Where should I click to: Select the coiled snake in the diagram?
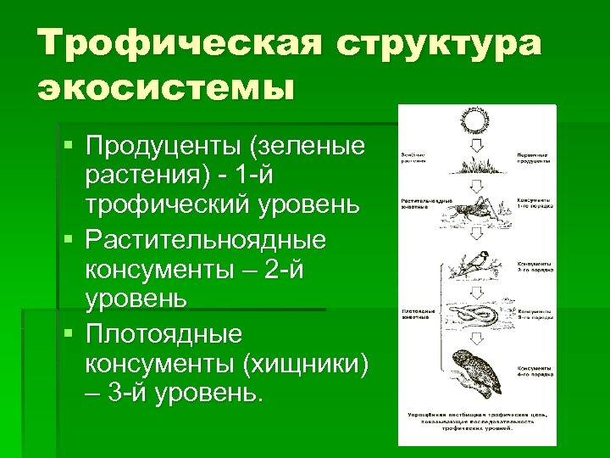tap(474, 316)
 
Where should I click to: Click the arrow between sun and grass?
tap(475, 148)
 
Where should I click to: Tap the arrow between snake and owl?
tap(475, 339)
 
